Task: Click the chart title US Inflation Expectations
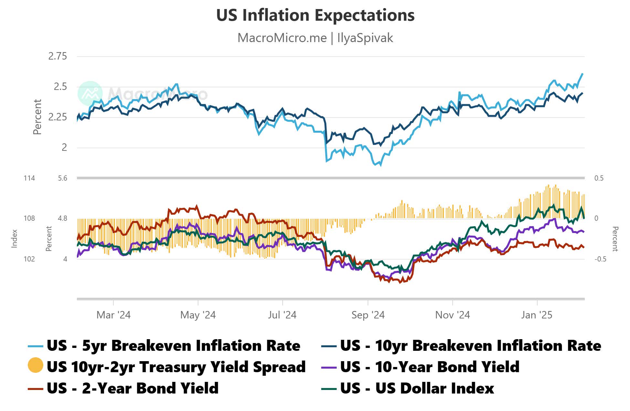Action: click(x=315, y=15)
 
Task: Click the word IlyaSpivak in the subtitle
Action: click(x=365, y=38)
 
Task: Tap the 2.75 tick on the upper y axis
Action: click(x=58, y=56)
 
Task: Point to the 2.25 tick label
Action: click(x=58, y=117)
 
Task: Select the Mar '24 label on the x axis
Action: click(x=113, y=315)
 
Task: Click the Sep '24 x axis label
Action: click(x=368, y=315)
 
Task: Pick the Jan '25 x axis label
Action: click(x=537, y=315)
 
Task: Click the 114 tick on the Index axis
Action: click(x=29, y=178)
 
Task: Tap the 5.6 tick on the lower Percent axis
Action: click(x=63, y=178)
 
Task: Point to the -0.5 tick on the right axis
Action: click(x=600, y=259)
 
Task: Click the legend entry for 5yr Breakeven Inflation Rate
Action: click(x=173, y=346)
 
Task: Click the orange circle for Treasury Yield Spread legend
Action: click(x=36, y=365)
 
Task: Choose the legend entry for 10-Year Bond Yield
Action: click(x=430, y=367)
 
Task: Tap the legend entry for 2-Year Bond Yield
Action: click(x=132, y=388)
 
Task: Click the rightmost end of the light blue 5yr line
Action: click(x=582, y=74)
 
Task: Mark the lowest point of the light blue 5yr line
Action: click(x=380, y=165)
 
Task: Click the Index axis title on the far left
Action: click(x=14, y=239)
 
